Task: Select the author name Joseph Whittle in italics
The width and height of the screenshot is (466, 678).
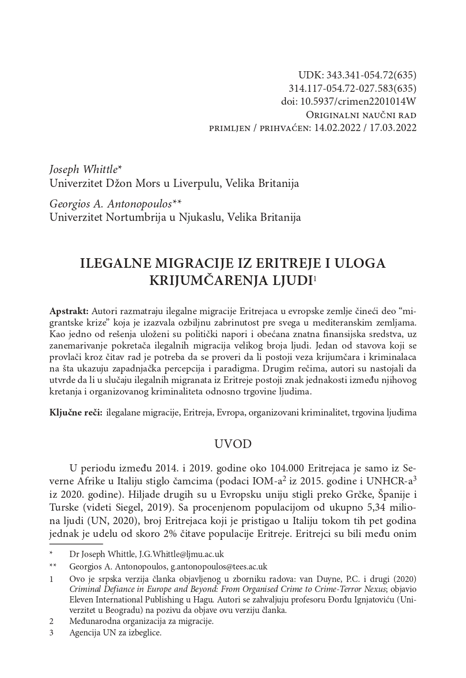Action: coord(83,169)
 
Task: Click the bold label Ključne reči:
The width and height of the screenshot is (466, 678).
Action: coord(76,412)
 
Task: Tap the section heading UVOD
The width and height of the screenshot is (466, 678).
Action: coord(233,444)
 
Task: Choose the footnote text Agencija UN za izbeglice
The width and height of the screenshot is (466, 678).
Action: coord(115,633)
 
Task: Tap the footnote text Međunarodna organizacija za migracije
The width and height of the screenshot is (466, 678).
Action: coord(141,621)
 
